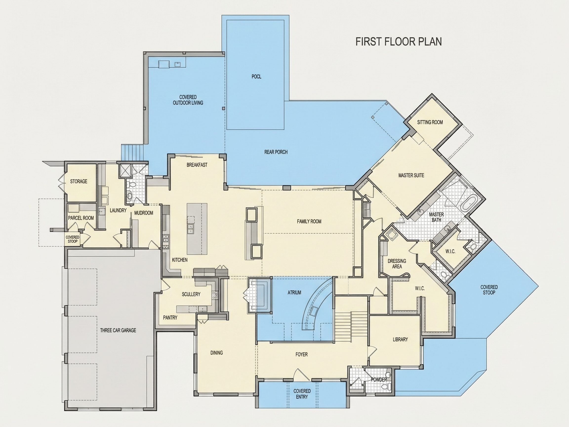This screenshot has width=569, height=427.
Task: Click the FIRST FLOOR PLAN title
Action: (x=398, y=42)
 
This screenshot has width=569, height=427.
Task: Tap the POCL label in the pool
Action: (x=256, y=77)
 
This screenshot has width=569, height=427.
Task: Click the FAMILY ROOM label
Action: (x=309, y=221)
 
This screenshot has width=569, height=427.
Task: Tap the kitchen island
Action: (x=197, y=229)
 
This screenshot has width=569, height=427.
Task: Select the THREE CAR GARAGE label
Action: (x=118, y=330)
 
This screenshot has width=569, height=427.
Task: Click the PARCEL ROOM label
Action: (x=81, y=218)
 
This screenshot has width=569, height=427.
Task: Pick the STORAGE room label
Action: (x=79, y=181)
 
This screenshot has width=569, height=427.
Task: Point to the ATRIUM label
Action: (x=294, y=293)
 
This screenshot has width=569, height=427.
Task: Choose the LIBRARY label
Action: (x=400, y=340)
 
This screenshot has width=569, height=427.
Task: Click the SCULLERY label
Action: (x=191, y=294)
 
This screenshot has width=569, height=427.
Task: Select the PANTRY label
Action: (x=170, y=318)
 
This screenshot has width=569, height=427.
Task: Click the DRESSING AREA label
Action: (x=397, y=264)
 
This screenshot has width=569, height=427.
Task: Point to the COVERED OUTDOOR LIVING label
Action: (x=188, y=100)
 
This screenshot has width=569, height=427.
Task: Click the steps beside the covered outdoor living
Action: (x=132, y=152)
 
